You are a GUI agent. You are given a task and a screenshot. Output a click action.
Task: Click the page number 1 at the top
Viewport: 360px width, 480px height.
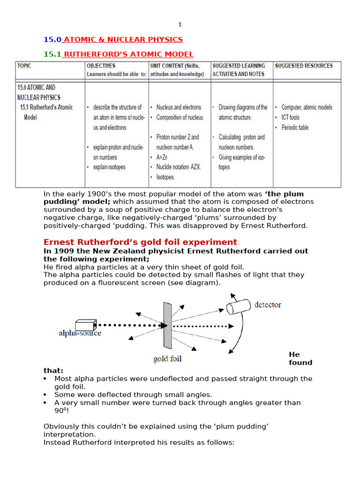pyautogui.click(x=180, y=24)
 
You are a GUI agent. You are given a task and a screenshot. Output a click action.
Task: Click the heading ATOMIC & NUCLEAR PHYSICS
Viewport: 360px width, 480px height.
pyautogui.click(x=123, y=39)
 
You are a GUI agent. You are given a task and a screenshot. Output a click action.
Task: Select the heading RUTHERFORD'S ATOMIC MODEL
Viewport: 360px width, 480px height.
pyautogui.click(x=128, y=54)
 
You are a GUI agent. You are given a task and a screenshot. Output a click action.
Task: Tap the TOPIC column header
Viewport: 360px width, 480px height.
pyautogui.click(x=24, y=66)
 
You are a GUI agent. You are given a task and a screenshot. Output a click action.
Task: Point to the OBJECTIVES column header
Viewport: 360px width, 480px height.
pyautogui.click(x=101, y=66)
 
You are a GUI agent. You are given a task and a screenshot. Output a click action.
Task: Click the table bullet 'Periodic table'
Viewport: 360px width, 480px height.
pyautogui.click(x=295, y=127)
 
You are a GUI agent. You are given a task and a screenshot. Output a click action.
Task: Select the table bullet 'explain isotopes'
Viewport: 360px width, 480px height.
pyautogui.click(x=109, y=167)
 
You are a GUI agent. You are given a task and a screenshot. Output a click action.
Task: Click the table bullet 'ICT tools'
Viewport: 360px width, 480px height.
pyautogui.click(x=290, y=118)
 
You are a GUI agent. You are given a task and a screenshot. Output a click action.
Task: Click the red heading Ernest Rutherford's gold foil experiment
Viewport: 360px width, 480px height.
pyautogui.click(x=140, y=242)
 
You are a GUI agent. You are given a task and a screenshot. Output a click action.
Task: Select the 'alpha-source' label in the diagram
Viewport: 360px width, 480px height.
pyautogui.click(x=80, y=333)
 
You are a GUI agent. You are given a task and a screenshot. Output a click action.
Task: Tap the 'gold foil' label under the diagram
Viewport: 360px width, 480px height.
pyautogui.click(x=167, y=359)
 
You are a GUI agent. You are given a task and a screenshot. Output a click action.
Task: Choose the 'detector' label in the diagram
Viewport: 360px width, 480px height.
pyautogui.click(x=268, y=305)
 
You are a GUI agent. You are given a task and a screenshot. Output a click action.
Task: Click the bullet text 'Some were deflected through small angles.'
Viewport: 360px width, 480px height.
pyautogui.click(x=133, y=395)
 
